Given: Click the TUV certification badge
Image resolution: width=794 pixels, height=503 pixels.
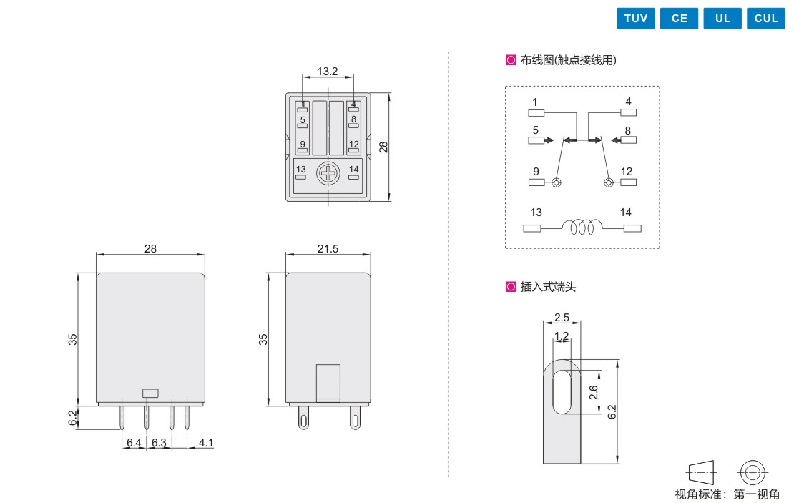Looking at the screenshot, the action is pos(635,18).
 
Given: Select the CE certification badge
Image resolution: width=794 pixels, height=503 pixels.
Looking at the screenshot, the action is pos(679,18).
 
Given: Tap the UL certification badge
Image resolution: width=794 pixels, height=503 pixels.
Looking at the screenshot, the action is pos(722,18).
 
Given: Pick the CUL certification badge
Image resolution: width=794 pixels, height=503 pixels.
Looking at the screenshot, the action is pos(765,18).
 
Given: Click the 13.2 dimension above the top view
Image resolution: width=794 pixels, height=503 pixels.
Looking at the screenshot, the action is pos(327,71).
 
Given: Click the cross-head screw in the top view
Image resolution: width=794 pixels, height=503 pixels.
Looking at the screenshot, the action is pos(328,174).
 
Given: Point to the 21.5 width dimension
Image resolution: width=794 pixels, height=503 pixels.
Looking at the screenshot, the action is pos(328,249).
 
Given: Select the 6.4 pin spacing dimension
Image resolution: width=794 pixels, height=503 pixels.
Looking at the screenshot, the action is pos(134,443).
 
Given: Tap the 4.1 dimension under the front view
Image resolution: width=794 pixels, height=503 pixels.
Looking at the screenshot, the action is pos(205,443).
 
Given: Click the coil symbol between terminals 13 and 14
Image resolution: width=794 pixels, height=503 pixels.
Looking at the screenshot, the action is pos(582,227).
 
